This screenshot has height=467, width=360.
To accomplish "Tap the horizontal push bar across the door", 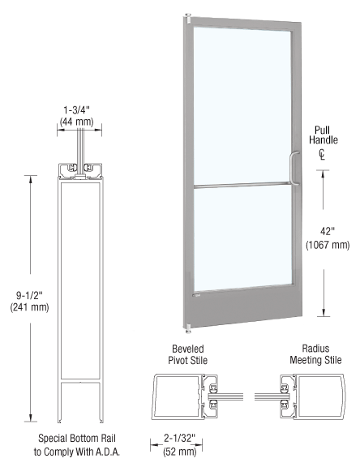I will pos(240,188).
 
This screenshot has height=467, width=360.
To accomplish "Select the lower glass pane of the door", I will pos(241,237).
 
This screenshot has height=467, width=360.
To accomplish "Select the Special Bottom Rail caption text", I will pos(80,446).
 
